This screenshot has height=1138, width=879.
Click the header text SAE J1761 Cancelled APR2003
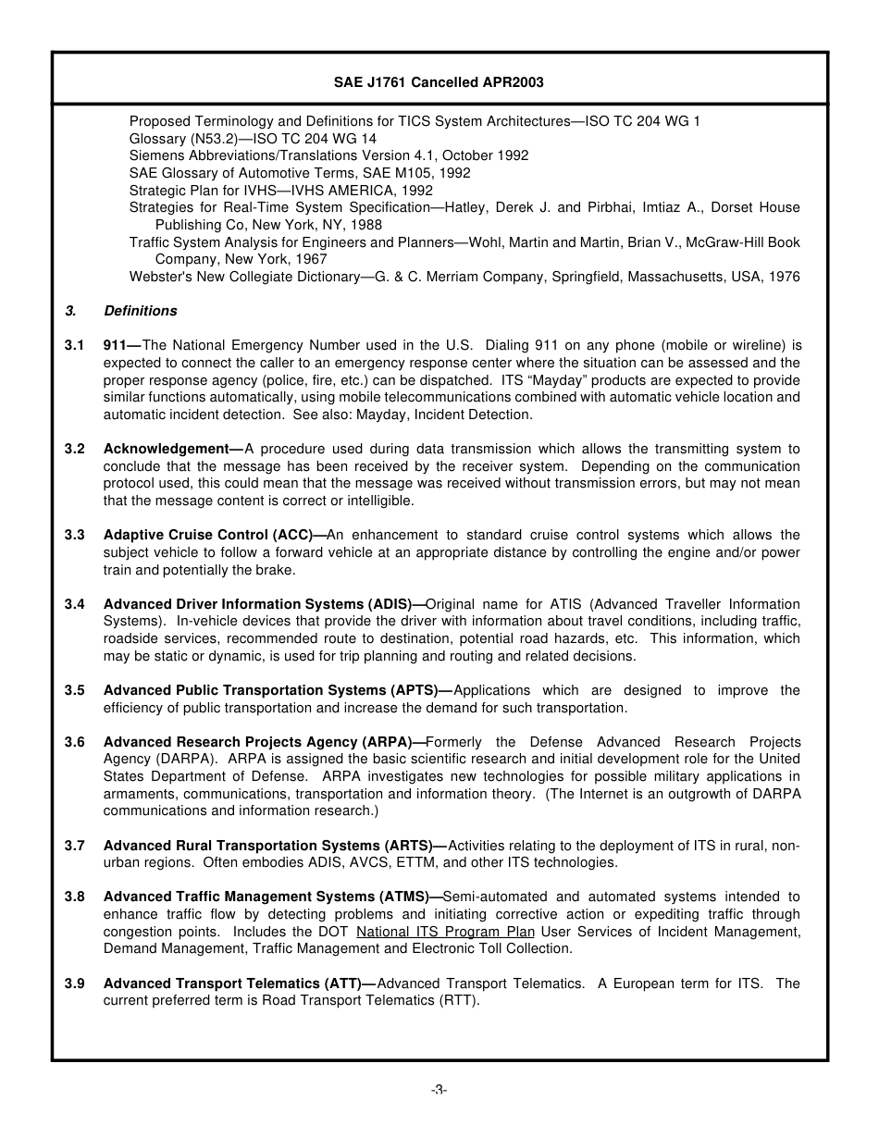439,82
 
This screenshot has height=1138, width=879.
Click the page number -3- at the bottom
439,1090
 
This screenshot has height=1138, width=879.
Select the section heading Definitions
141,311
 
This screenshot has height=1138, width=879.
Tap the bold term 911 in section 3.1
115,345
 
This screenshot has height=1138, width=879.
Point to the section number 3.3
75,535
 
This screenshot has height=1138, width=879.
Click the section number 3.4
75,604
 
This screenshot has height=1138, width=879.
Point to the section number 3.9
75,983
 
